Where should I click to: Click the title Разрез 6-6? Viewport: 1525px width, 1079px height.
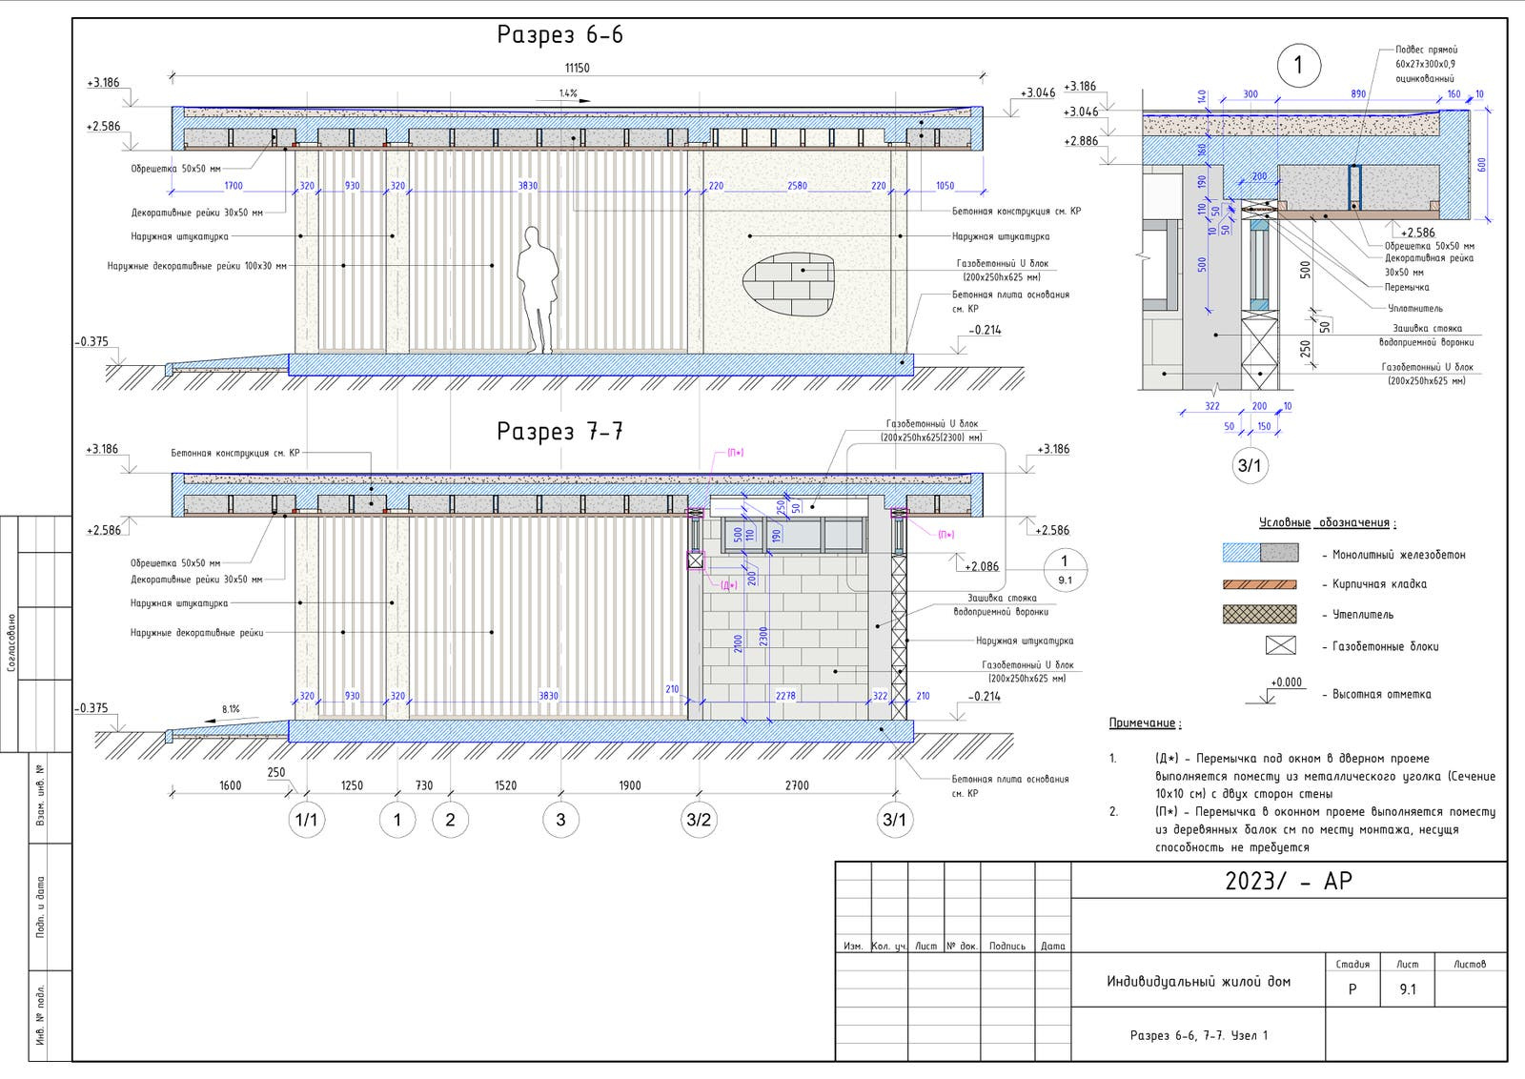[559, 35]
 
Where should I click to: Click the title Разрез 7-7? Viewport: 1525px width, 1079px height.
[559, 432]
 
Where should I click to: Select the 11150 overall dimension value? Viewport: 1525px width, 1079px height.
[577, 68]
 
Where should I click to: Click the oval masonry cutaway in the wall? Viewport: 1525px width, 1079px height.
[788, 285]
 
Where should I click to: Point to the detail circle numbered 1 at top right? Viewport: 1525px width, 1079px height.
[1297, 66]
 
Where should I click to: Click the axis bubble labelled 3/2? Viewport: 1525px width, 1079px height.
[699, 820]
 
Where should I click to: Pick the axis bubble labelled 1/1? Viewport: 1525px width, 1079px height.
[306, 820]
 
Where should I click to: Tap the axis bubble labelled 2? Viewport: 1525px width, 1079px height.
[450, 820]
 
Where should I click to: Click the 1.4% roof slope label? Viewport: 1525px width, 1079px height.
[569, 93]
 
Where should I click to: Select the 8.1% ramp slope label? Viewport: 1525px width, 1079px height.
[231, 709]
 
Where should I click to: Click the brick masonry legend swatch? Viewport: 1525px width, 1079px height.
[1259, 584]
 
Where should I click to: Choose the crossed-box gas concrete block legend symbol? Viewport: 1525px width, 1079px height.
[1280, 645]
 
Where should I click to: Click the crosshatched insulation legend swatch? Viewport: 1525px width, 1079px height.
[1259, 615]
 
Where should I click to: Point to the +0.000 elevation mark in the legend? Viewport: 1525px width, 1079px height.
[1286, 682]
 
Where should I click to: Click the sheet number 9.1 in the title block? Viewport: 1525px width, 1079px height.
[1407, 989]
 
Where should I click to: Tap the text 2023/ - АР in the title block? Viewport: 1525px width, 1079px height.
[1288, 881]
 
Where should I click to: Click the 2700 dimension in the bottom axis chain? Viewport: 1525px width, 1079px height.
[797, 785]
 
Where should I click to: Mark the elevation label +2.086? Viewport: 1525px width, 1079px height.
[982, 566]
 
